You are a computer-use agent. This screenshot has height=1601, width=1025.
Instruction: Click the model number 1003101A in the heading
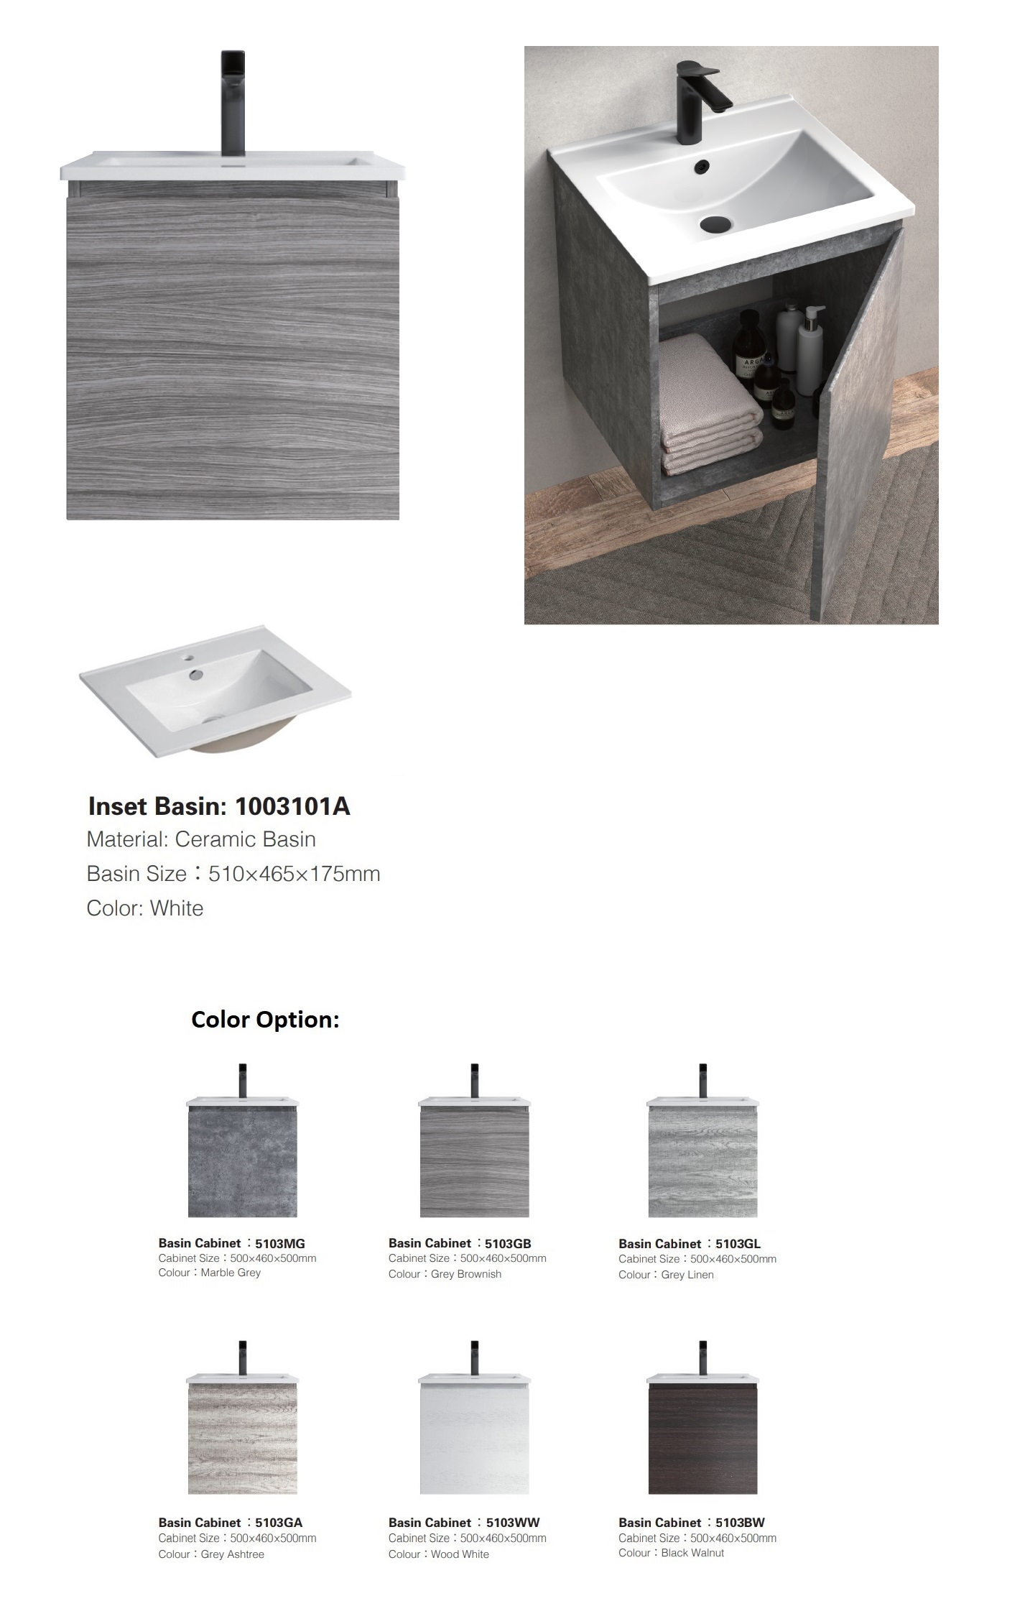[292, 806]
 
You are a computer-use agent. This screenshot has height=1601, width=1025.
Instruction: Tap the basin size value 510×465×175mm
[294, 874]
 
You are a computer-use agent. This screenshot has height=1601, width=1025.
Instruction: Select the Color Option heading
[265, 1020]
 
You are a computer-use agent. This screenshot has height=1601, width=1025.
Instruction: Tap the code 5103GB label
[508, 1244]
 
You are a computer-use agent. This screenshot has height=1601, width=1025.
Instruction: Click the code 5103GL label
[738, 1244]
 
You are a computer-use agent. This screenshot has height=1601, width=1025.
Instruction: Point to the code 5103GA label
[279, 1523]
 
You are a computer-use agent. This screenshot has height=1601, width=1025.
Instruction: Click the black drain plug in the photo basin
[715, 223]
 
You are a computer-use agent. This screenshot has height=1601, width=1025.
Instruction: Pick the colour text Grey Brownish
[466, 1274]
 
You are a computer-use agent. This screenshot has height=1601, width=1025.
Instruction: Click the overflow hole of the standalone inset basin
[196, 675]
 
